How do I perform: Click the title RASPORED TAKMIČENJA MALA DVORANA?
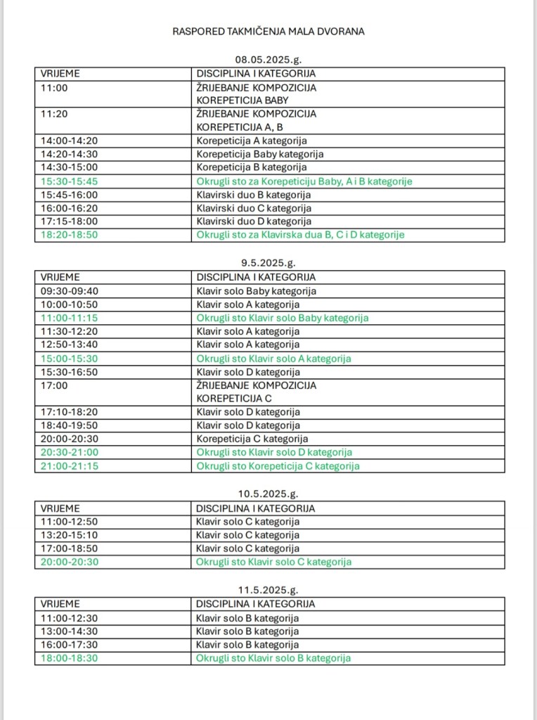(268, 32)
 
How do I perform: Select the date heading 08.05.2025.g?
(268, 60)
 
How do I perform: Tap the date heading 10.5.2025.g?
(268, 494)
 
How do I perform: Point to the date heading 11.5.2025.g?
(268, 590)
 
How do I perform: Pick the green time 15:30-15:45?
(69, 181)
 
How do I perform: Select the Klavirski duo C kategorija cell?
(254, 208)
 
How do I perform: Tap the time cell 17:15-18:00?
(69, 221)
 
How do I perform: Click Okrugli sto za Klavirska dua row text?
(300, 235)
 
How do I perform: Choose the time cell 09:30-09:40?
(69, 290)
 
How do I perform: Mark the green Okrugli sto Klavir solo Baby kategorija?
(283, 318)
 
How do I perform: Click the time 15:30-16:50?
(69, 372)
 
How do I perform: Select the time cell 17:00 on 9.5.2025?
(52, 385)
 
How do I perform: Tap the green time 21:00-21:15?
(69, 466)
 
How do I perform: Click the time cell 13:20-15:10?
(69, 535)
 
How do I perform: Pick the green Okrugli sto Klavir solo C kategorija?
(274, 562)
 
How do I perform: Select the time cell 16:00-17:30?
(69, 645)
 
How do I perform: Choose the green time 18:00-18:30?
(69, 658)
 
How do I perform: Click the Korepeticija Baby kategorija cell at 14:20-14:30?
(260, 154)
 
